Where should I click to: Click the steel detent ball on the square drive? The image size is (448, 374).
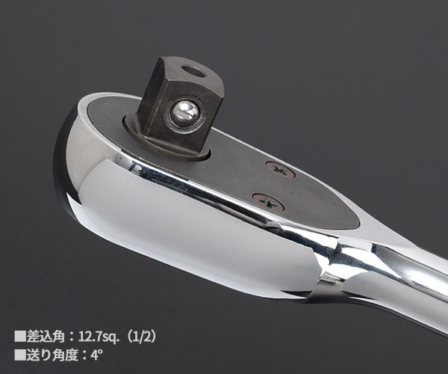[184, 113]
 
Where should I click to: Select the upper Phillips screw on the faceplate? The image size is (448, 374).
[280, 171]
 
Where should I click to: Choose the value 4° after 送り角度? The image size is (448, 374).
[97, 355]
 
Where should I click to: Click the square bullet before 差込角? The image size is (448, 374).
[20, 337]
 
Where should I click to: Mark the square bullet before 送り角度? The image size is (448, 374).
[20, 355]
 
